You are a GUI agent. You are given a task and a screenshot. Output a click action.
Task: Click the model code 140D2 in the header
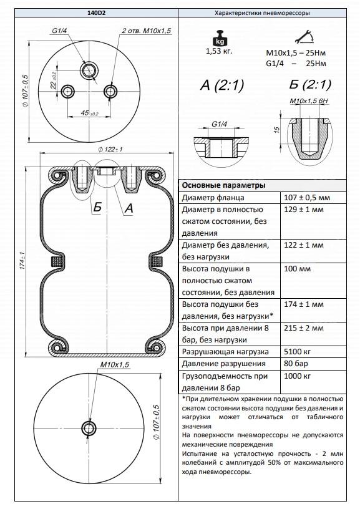click(x=90, y=12)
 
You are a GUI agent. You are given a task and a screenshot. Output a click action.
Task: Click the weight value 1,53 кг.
click(x=218, y=51)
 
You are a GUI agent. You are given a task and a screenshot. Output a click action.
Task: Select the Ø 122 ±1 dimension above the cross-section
click(x=110, y=149)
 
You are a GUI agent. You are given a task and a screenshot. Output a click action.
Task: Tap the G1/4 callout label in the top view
click(x=60, y=30)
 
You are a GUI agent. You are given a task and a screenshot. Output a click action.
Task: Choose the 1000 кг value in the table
click(x=300, y=377)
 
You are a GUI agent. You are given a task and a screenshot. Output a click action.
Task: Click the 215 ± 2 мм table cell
click(x=306, y=328)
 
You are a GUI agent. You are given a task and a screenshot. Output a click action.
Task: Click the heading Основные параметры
click(x=223, y=185)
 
